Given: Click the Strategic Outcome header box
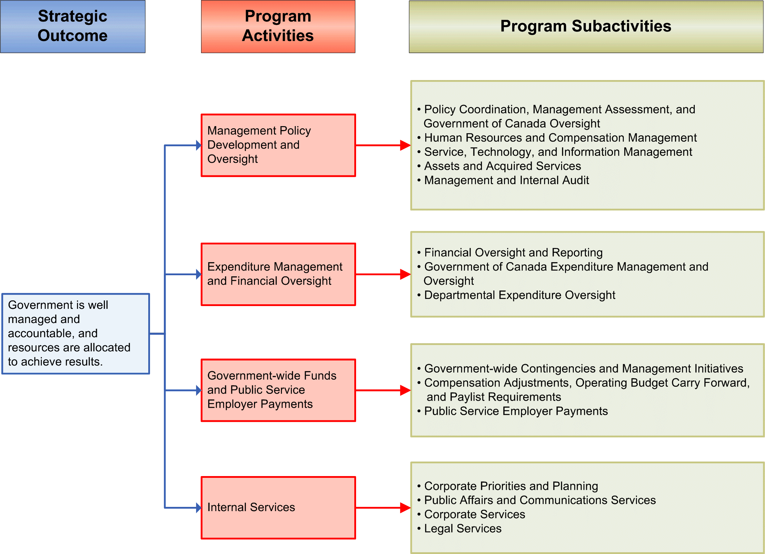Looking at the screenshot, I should pos(73,27).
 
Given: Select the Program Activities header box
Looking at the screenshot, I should pos(278,27).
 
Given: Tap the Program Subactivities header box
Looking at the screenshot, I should pos(586,27).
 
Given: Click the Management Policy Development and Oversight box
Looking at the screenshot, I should pos(278,145).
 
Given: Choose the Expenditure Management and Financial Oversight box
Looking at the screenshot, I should pos(278,274).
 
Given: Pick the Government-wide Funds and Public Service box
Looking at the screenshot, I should pos(278,390).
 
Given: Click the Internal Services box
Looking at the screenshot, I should pos(278,508).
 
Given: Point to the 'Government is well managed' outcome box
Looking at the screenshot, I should pos(76,333).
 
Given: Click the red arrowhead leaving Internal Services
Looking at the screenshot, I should pos(405,508).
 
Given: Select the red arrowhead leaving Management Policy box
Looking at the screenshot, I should pos(405,145).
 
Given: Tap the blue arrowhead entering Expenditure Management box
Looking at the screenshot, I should pos(199,274).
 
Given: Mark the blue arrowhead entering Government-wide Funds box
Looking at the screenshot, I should pos(199,390).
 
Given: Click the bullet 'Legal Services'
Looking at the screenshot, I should pos(462,528).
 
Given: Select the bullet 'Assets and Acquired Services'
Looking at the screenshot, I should pos(502,166).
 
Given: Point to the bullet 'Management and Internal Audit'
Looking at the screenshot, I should pos(506,180).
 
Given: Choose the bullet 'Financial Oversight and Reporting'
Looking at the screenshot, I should pos(513,253).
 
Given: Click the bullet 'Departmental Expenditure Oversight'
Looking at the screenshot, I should pos(520,295).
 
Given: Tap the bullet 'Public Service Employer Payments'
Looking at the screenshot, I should pos(516,411).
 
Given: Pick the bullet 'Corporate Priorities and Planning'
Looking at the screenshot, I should pos(511,486).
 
